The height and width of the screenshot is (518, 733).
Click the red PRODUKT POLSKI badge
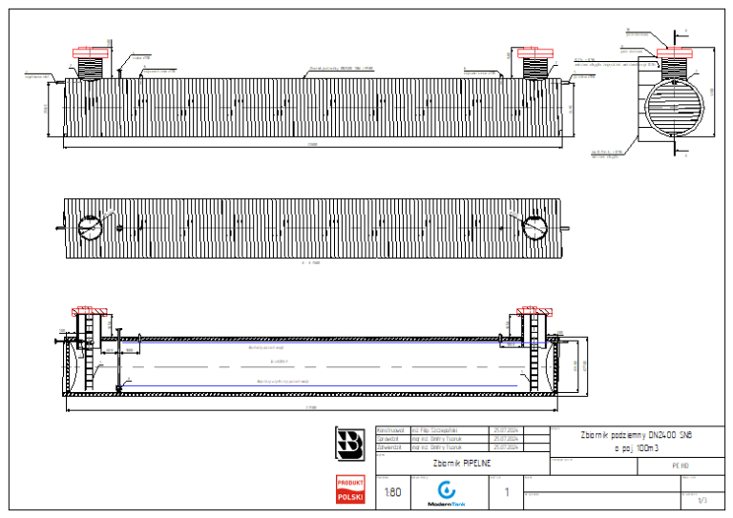349,490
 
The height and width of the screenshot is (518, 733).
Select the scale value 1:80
391,492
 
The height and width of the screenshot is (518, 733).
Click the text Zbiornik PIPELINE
461,462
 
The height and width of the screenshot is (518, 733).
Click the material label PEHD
681,466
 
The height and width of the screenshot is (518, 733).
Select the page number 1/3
702,499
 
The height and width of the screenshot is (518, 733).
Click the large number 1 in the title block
507,492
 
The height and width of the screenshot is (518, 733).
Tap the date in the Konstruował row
505,430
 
